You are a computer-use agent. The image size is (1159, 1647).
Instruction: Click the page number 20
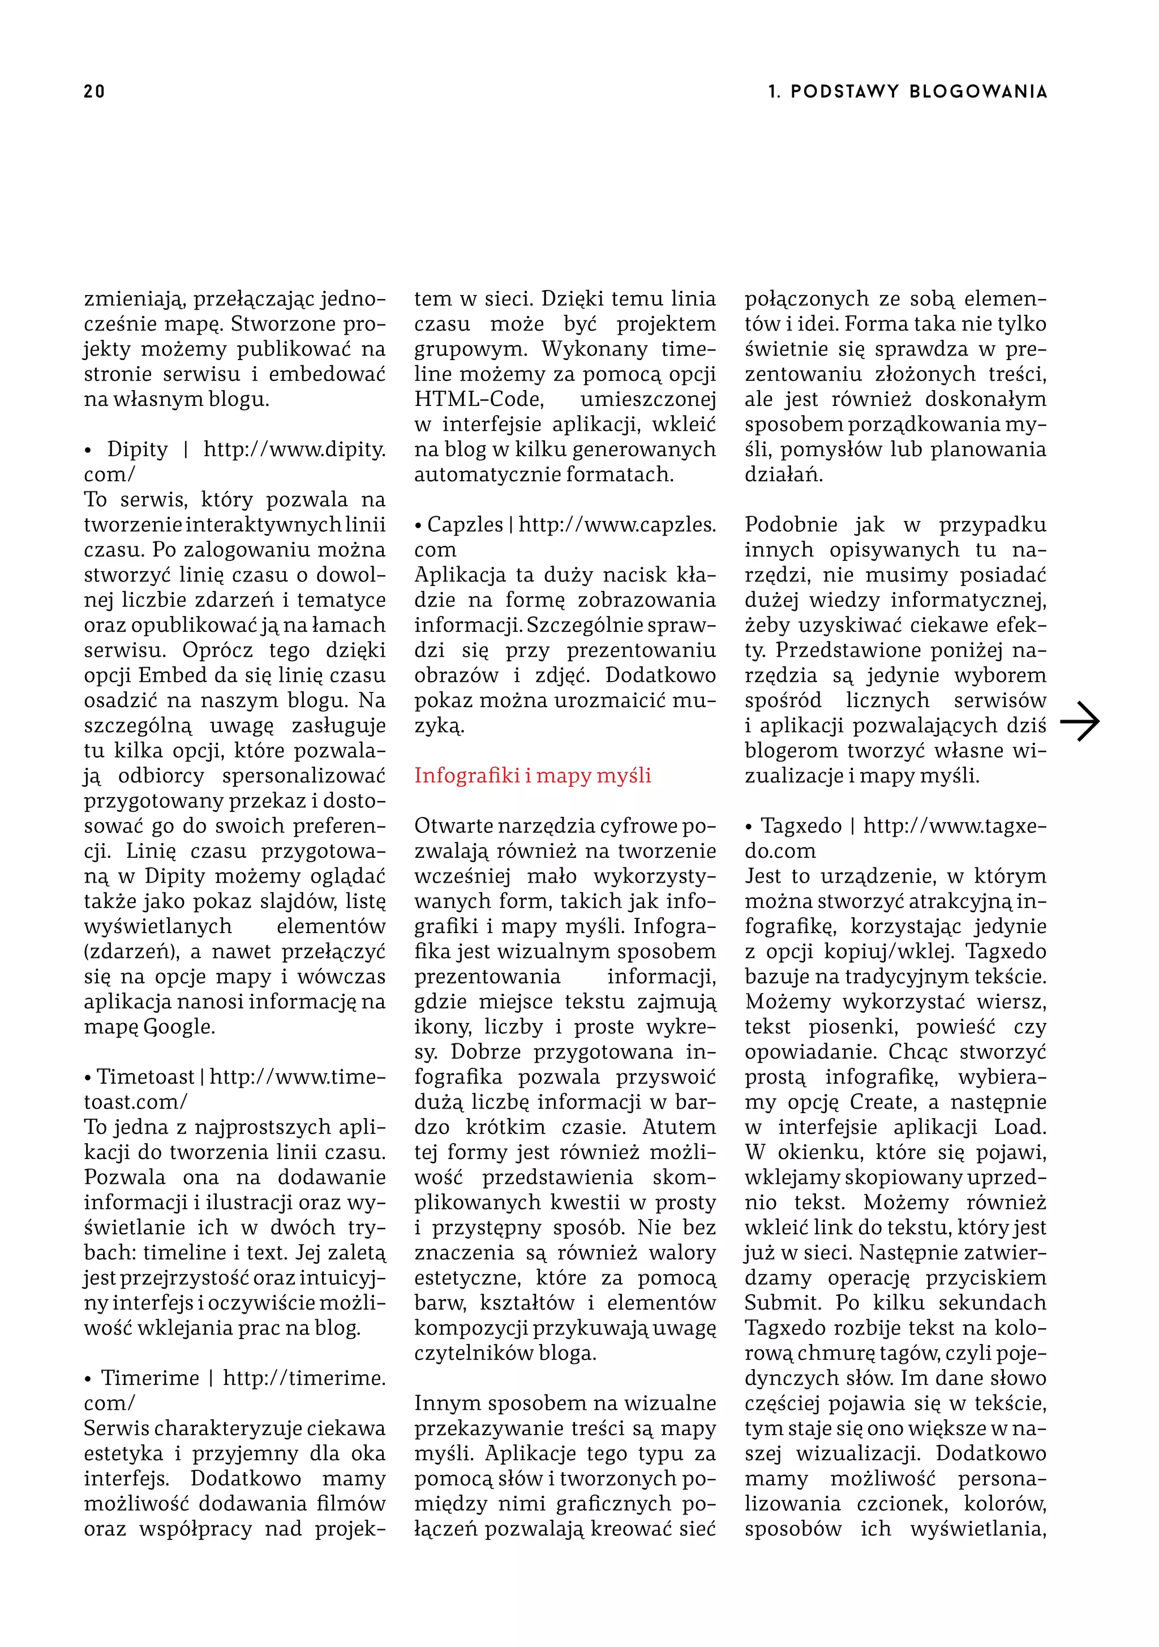click(x=94, y=91)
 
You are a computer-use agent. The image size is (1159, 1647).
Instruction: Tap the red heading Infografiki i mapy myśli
click(x=532, y=776)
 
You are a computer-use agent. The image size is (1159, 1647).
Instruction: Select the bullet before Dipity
click(x=89, y=451)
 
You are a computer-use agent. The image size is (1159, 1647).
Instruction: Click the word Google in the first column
click(x=179, y=1026)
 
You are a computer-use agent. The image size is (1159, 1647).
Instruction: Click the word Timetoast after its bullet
click(x=145, y=1077)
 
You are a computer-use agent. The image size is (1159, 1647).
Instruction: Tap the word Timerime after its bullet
click(x=150, y=1378)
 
